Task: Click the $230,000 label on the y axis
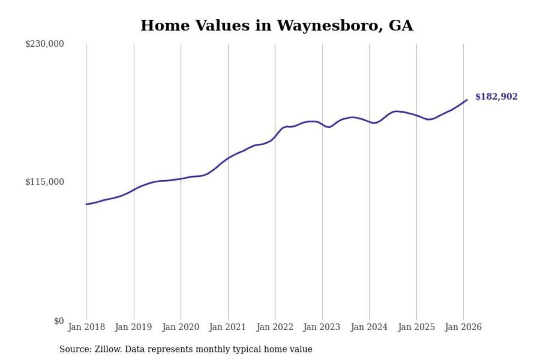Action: pos(44,44)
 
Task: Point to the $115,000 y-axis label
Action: pos(44,182)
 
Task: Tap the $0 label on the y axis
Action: pos(58,321)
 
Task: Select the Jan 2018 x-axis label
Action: pos(86,327)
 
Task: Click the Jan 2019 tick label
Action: pos(133,327)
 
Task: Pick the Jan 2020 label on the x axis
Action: pos(180,327)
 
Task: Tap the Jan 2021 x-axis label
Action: pos(227,327)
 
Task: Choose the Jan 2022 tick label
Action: pos(274,327)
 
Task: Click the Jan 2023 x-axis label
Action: pos(321,327)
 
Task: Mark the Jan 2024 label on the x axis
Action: pos(369,327)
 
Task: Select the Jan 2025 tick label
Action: pos(416,327)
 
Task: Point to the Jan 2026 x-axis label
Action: pos(463,327)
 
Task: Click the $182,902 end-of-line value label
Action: pos(496,97)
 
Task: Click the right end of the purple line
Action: pos(466,100)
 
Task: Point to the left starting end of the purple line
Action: pos(87,204)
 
